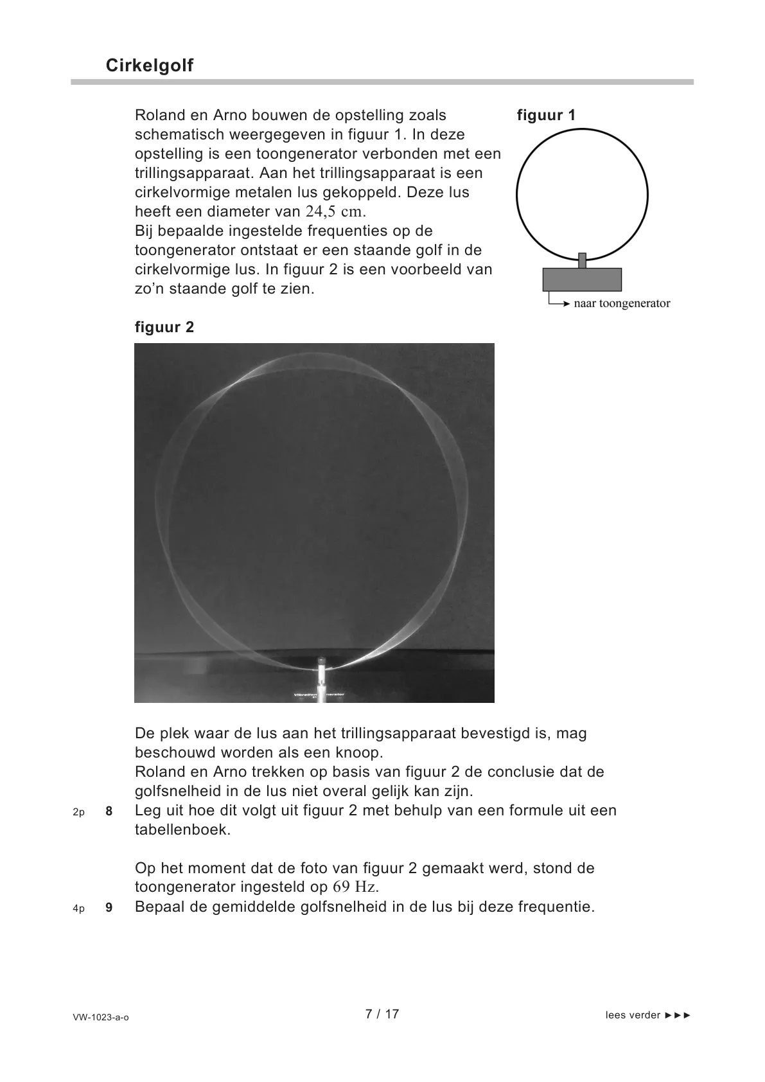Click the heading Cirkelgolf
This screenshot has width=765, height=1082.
tap(150, 66)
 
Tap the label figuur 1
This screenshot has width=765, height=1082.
tap(546, 116)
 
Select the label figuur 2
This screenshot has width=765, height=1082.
tap(164, 327)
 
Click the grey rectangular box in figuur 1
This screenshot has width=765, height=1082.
tap(582, 280)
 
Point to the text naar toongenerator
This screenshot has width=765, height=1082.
tap(622, 303)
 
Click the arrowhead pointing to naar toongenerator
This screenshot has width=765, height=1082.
tap(567, 303)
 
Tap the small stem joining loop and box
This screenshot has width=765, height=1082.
tap(583, 260)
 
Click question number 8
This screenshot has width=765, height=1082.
tap(109, 811)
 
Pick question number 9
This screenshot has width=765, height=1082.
tap(109, 909)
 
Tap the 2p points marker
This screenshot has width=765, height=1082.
tap(78, 812)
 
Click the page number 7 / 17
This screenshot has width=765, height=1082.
tap(382, 1014)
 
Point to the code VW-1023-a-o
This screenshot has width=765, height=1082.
tap(101, 1018)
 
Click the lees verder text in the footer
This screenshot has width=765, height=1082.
tap(633, 1015)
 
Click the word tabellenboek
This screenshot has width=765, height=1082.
tap(182, 829)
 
